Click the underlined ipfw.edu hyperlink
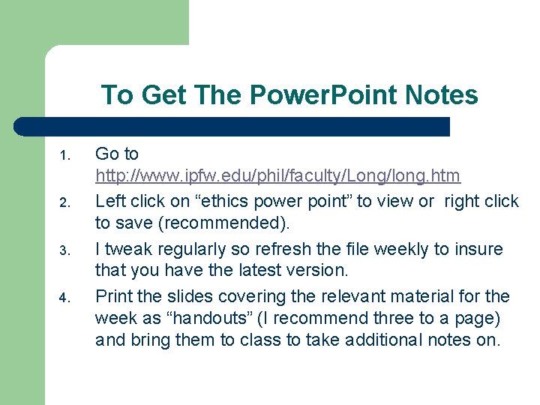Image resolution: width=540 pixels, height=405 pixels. click(x=277, y=176)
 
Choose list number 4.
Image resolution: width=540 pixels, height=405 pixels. click(x=64, y=298)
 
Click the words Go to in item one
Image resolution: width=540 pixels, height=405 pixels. click(x=117, y=154)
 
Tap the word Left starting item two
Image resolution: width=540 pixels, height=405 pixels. click(x=110, y=201)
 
